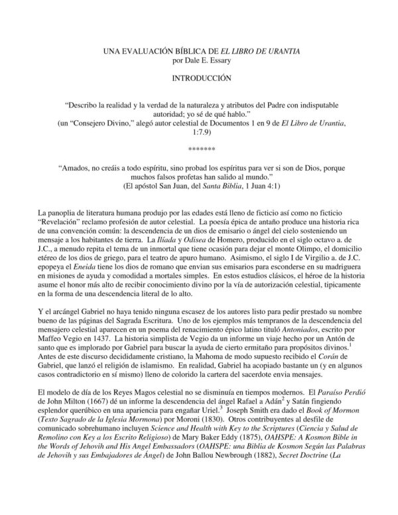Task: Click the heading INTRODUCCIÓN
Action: (198, 78)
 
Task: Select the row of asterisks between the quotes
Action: (198, 143)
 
